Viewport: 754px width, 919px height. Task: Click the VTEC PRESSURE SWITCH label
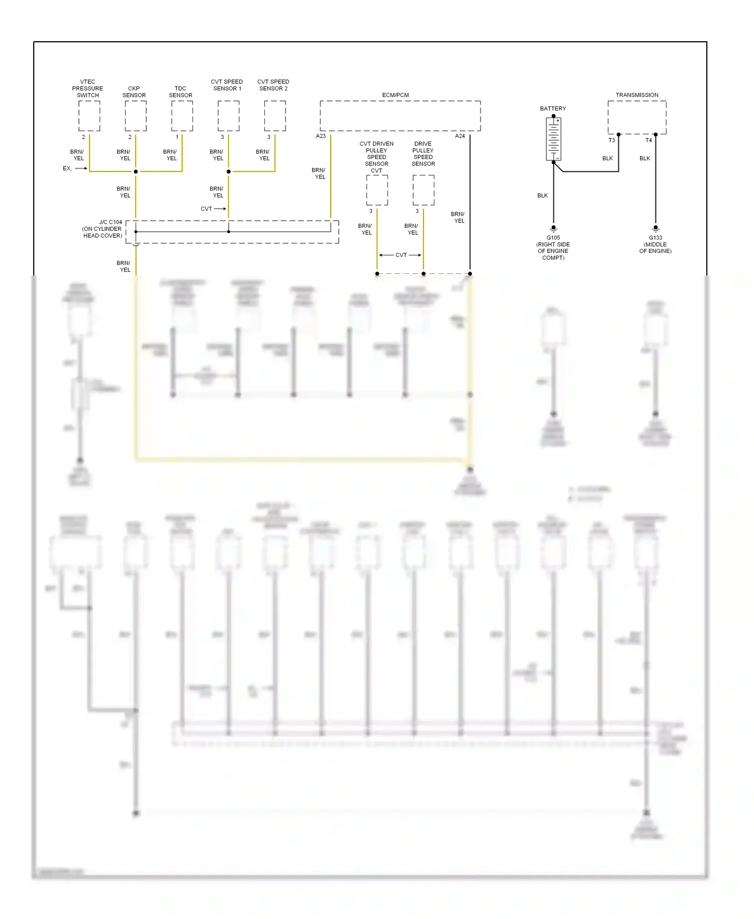(x=87, y=88)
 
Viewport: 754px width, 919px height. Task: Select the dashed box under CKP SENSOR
(x=136, y=116)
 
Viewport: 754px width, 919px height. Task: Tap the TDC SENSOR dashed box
(x=182, y=116)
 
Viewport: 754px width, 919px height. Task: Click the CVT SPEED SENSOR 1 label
(x=227, y=85)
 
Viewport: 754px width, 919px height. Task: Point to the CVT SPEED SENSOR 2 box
(x=275, y=116)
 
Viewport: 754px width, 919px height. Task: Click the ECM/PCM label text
(x=396, y=95)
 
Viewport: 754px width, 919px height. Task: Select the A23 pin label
(x=321, y=136)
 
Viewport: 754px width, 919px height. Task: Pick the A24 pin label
(x=460, y=136)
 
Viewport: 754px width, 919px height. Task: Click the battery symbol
(x=553, y=139)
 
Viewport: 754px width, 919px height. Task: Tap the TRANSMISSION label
(x=637, y=95)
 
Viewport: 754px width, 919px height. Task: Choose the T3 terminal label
(x=612, y=140)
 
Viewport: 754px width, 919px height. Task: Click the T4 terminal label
(x=648, y=140)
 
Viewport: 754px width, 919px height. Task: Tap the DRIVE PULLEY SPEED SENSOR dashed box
(x=424, y=190)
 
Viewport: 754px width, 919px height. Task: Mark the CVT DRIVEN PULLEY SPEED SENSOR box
(x=377, y=190)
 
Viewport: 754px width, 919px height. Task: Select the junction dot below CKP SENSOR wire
(x=136, y=171)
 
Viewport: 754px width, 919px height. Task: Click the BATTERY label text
(x=553, y=109)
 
